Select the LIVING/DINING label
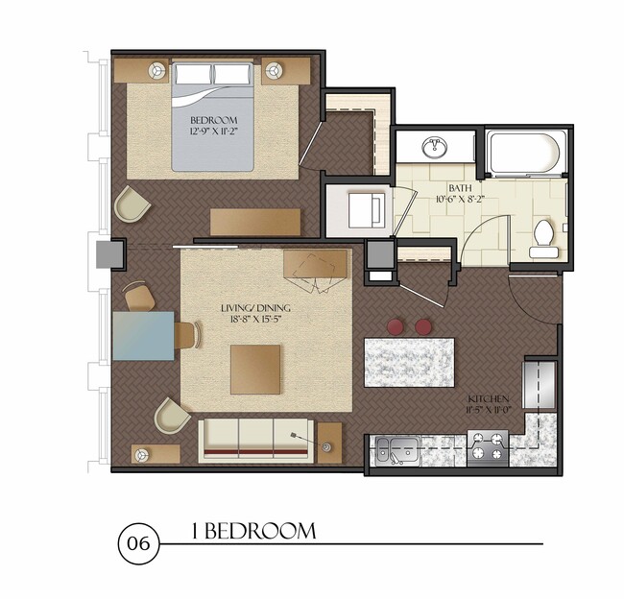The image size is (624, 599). point(255,308)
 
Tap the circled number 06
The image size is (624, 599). point(135,544)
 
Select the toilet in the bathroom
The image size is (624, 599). point(544,237)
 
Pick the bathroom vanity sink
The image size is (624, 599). point(435,147)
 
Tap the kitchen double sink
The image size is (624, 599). point(396,447)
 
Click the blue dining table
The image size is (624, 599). point(143,335)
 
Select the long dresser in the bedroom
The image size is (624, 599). point(255,222)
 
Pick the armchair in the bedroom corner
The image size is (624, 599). point(132,204)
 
